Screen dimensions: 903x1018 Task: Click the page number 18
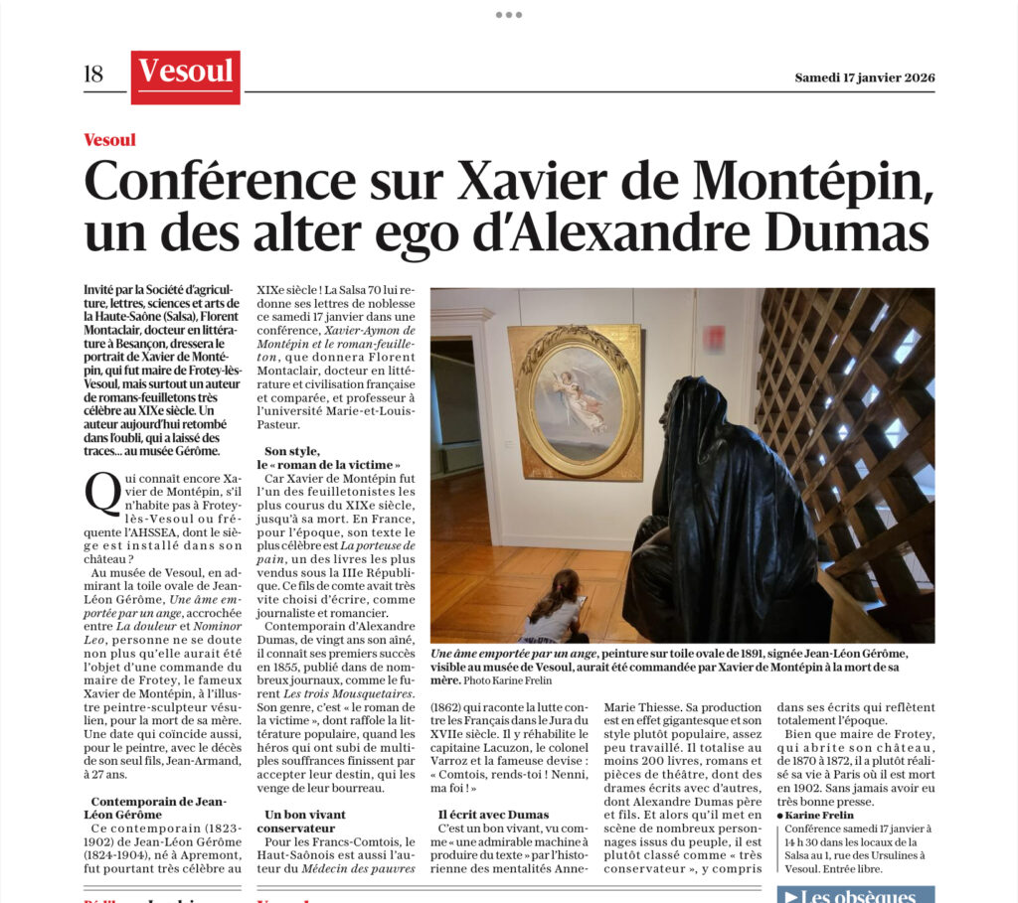(94, 75)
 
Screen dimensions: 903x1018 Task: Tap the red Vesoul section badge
(186, 75)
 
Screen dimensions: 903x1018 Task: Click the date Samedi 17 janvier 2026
(864, 78)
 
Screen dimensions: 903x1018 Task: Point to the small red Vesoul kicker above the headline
(109, 140)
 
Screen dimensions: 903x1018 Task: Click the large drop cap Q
(103, 493)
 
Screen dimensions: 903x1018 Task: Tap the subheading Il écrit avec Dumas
(493, 815)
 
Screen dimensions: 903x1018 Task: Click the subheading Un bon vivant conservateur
(305, 821)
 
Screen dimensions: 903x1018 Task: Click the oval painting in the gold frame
(577, 400)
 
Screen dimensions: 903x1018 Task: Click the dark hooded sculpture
(725, 517)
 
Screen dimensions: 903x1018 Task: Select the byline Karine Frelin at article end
(819, 815)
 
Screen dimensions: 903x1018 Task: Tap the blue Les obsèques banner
(854, 894)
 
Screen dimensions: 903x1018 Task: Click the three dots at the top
(508, 15)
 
